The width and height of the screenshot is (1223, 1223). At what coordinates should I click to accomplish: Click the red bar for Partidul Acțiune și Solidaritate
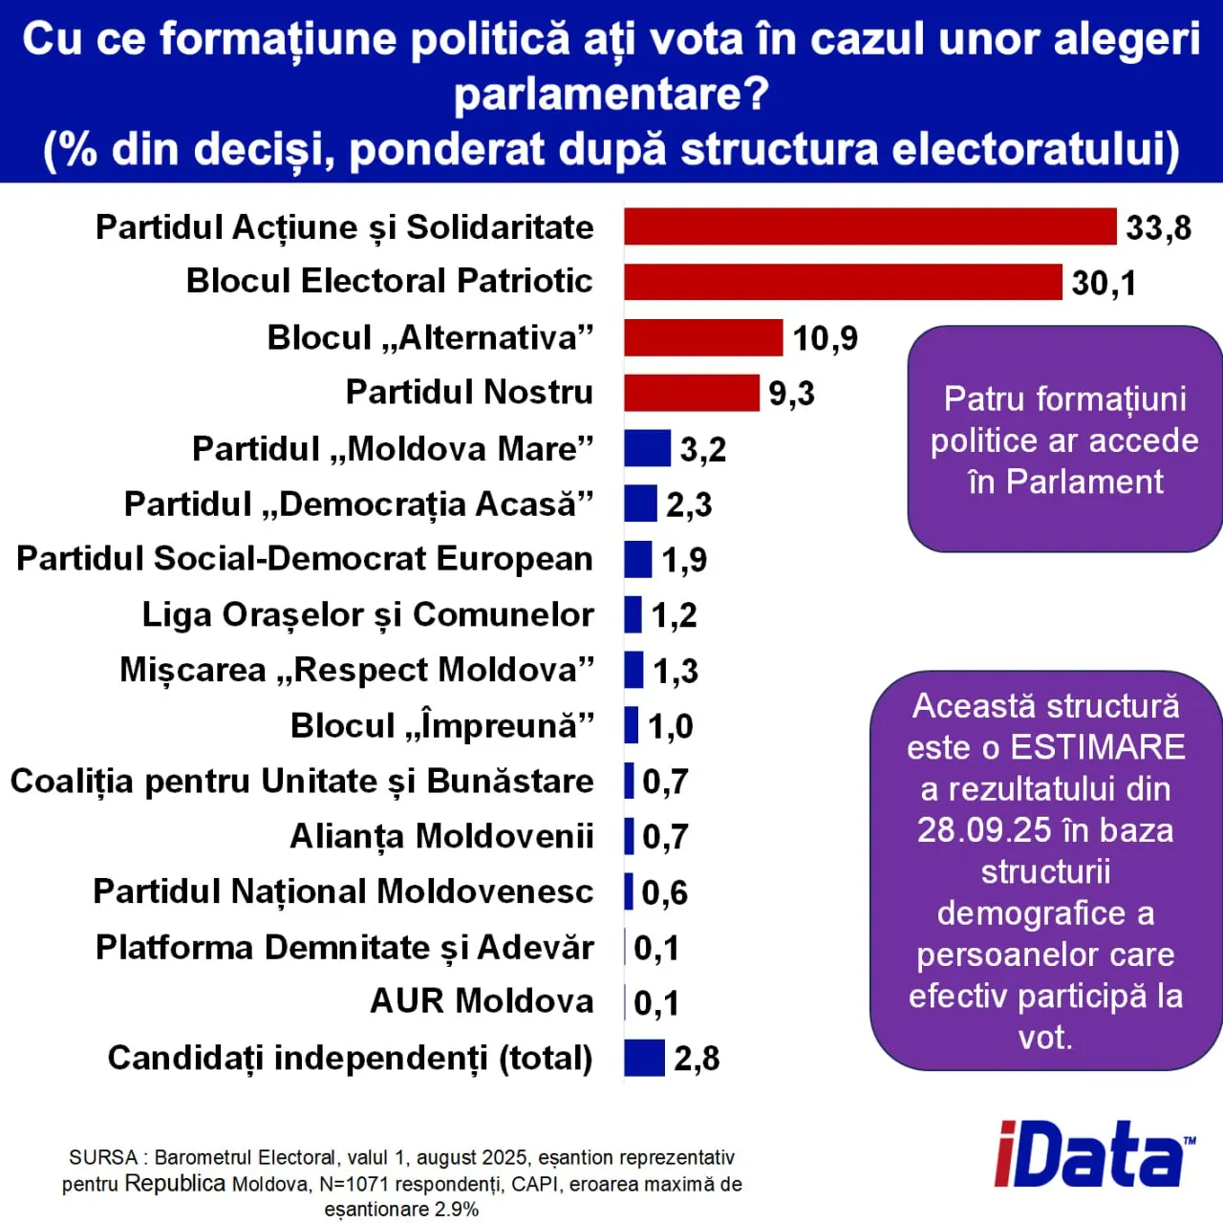(869, 226)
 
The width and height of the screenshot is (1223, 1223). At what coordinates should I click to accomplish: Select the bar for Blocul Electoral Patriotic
(843, 282)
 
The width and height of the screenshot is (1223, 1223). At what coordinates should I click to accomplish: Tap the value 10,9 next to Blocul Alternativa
(825, 338)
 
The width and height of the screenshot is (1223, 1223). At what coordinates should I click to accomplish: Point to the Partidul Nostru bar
(692, 393)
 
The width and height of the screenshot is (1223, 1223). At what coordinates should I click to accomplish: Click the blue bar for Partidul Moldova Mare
(647, 448)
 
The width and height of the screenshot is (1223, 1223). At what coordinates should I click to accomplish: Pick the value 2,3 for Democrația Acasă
(689, 504)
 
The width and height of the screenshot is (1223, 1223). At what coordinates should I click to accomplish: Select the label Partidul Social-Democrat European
(305, 559)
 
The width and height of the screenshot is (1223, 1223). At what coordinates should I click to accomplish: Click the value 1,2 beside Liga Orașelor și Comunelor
(674, 615)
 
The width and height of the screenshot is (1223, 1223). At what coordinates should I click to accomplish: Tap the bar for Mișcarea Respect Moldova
(633, 670)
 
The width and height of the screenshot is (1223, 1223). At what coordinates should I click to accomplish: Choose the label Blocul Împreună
(442, 726)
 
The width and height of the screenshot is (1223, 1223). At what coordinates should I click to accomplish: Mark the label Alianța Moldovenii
(441, 836)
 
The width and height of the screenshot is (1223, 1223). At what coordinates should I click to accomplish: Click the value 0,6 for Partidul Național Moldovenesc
(664, 892)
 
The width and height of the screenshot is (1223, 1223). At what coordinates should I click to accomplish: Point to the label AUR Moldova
(482, 1001)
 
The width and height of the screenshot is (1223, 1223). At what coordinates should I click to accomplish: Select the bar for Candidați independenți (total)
(644, 1058)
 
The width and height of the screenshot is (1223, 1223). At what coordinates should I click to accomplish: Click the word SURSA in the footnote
(103, 1158)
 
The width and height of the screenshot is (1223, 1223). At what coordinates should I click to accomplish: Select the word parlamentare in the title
(611, 94)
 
